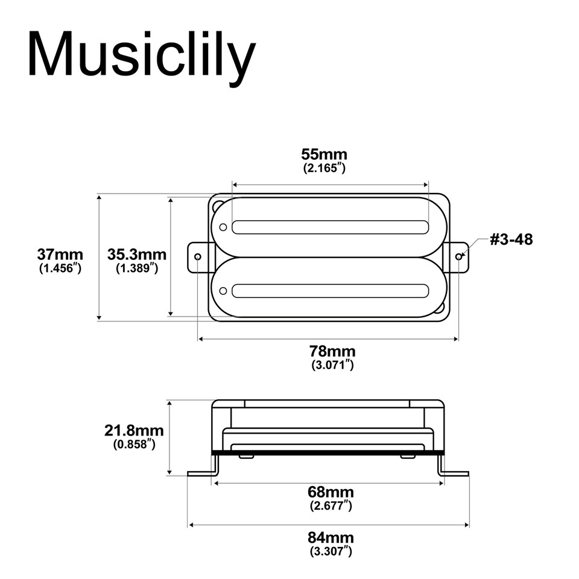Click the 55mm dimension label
click(324, 155)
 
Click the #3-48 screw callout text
click(511, 239)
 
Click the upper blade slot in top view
click(330, 227)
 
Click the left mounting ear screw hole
click(198, 257)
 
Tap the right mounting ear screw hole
click(459, 257)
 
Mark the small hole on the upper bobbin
click(223, 227)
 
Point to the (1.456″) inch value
click(60, 268)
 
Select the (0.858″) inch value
click(134, 445)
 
